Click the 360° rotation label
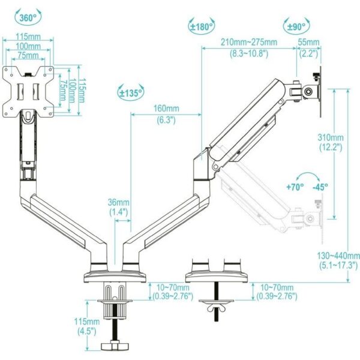click(28, 18)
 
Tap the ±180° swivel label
click(202, 27)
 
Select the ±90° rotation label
click(296, 27)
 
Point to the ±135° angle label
click(130, 93)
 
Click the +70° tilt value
click(295, 187)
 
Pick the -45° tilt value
click(320, 187)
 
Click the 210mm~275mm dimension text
click(249, 43)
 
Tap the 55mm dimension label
click(310, 43)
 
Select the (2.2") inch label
click(310, 53)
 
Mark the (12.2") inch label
click(331, 146)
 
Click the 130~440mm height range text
click(337, 254)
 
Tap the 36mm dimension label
click(119, 202)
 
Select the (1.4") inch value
click(119, 212)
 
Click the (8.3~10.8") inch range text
click(249, 53)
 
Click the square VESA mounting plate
click(28, 91)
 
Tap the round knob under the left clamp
click(114, 346)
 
